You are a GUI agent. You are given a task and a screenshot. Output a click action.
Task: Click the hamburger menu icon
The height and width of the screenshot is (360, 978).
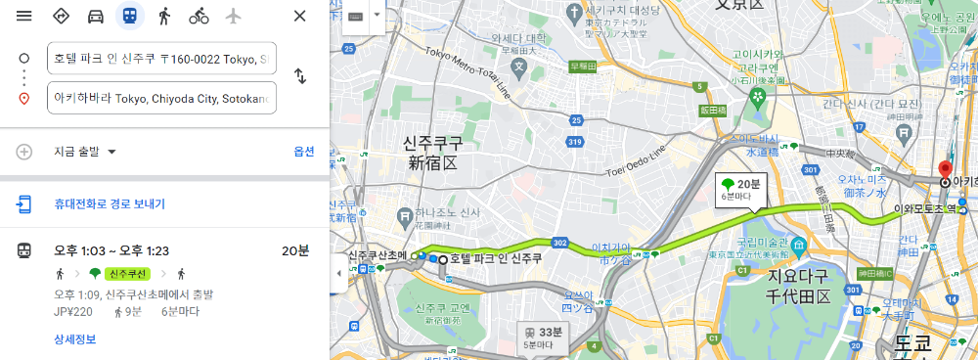pos(24,16)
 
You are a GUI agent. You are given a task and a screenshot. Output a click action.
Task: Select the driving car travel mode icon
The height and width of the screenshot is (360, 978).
pos(96,16)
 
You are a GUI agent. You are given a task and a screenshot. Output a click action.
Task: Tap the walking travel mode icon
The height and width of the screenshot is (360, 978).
pos(164,16)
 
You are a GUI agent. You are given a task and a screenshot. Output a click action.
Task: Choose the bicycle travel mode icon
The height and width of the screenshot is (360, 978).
pos(199,16)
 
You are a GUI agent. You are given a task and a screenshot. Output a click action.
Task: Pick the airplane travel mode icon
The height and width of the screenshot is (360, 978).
pos(233,16)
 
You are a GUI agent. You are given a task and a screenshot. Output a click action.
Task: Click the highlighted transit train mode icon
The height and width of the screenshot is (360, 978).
pos(129,16)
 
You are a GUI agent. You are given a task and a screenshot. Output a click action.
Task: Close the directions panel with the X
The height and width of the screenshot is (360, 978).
pos(300,16)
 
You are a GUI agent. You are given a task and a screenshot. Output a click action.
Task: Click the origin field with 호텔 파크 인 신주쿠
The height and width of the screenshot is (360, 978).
pos(161,58)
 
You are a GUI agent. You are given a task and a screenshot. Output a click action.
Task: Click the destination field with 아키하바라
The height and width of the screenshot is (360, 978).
pos(161,98)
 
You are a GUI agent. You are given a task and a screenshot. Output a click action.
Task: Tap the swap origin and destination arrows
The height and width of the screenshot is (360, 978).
pos(300,76)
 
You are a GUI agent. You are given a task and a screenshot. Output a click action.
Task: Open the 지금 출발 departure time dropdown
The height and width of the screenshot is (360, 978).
pos(85,152)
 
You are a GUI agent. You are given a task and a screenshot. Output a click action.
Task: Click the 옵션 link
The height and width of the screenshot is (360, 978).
pos(304,152)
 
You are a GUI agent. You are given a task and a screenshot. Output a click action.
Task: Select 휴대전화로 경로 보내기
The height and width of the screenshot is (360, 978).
pos(110,204)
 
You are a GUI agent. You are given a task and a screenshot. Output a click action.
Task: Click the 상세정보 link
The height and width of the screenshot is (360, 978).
pos(74,339)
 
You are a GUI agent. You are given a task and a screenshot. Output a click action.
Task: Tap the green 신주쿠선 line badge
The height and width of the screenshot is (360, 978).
pos(128,273)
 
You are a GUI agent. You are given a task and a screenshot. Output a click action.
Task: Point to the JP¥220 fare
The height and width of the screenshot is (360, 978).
pos(72,313)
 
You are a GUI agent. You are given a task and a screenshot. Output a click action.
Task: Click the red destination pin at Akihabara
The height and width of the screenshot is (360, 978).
pos(945,169)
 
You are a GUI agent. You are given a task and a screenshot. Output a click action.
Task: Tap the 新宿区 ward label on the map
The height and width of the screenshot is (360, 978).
pos(430,162)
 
